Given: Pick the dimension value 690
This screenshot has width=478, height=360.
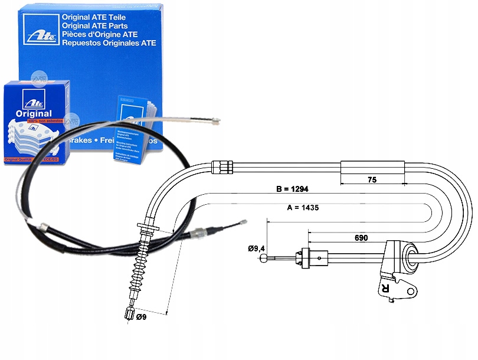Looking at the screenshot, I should pyautogui.click(x=361, y=238).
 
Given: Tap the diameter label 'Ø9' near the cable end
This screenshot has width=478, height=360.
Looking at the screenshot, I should pyautogui.click(x=142, y=318).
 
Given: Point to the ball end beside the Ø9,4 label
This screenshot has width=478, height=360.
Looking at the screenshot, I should pyautogui.click(x=269, y=257).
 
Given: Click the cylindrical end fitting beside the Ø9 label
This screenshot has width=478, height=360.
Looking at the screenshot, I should pyautogui.click(x=130, y=313).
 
